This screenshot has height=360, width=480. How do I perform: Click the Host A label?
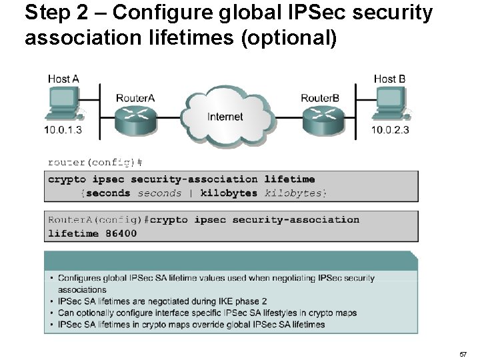coord(63,79)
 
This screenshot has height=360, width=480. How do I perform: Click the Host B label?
coord(389,79)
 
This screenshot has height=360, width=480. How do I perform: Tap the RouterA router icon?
coord(135,121)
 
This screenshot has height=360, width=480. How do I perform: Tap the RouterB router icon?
coord(320,121)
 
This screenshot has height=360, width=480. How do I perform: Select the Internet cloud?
coord(225,116)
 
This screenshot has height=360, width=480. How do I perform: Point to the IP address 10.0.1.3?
coord(63,130)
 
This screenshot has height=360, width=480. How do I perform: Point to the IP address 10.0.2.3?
coord(391,130)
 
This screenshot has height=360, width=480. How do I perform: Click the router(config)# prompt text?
coord(95,162)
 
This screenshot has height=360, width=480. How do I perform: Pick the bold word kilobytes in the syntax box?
coord(229,193)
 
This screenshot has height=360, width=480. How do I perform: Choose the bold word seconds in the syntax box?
coord(108,193)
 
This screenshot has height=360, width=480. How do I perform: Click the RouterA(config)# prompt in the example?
coord(97,220)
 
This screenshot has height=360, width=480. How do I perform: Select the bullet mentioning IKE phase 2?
coord(163,301)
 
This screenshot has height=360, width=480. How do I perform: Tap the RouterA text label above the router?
coord(135,98)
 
